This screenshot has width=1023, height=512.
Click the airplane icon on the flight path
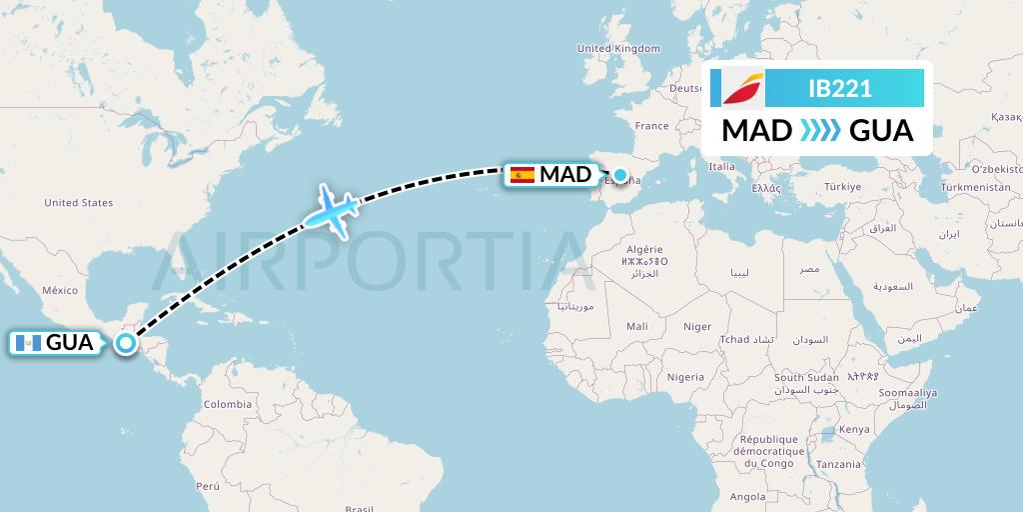[x=330, y=210]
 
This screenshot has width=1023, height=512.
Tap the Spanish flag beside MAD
[x=521, y=175]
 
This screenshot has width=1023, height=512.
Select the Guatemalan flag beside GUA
[x=28, y=343]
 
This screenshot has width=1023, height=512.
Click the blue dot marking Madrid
[x=620, y=176]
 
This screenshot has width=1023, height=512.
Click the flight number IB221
[x=839, y=89]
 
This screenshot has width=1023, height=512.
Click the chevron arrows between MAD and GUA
[x=820, y=131]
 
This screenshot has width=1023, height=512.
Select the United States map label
[x=79, y=203]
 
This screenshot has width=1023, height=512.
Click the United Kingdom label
[x=618, y=48]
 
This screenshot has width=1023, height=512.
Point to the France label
[x=651, y=126]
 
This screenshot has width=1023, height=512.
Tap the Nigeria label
[x=686, y=377]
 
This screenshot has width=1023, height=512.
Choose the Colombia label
[x=227, y=404]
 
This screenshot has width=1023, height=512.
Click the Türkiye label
[x=842, y=187]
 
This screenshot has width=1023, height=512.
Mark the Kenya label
[x=854, y=429]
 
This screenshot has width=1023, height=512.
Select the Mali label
[x=636, y=326]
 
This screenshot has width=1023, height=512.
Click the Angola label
[x=747, y=496]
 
